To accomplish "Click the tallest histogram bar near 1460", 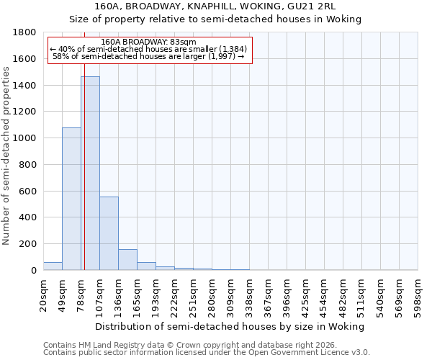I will (90, 173).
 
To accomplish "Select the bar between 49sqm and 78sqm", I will (71, 199).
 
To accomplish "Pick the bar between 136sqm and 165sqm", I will (127, 259).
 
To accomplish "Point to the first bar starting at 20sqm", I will (53, 266).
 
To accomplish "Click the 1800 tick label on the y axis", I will (25, 32).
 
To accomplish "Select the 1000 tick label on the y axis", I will (25, 138).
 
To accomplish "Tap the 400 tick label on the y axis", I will (28, 217).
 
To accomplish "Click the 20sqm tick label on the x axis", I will (44, 294).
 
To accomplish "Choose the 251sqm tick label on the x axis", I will (194, 294).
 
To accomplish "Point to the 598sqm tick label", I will (418, 294).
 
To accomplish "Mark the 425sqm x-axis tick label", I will (306, 294).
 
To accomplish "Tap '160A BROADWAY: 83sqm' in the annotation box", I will (148, 42).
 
